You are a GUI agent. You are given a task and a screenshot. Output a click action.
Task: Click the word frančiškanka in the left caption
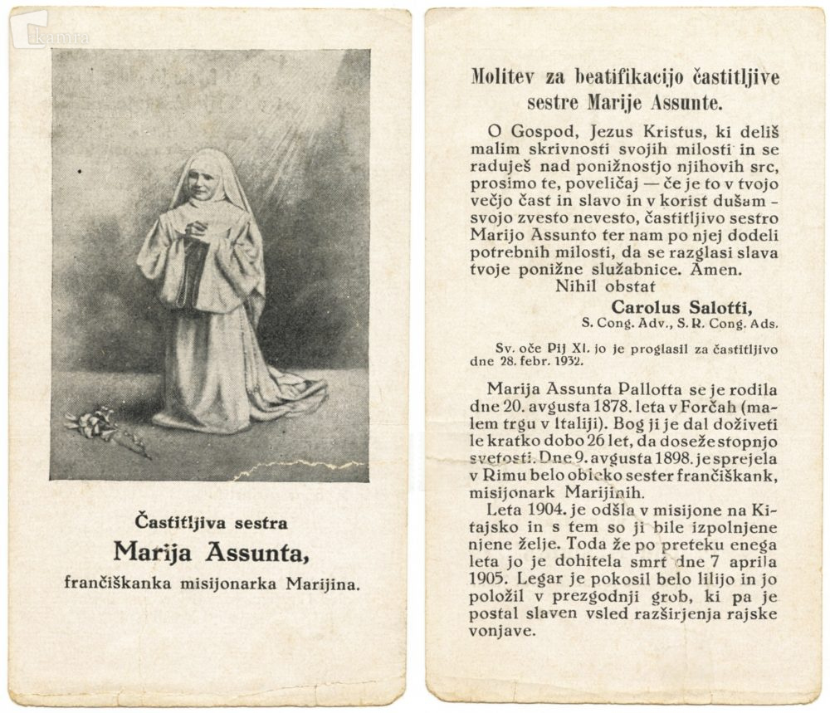[116, 583]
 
